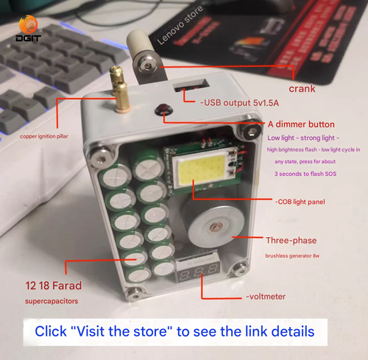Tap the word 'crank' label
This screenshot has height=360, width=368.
[303, 89]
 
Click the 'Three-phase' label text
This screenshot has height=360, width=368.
[295, 240]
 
